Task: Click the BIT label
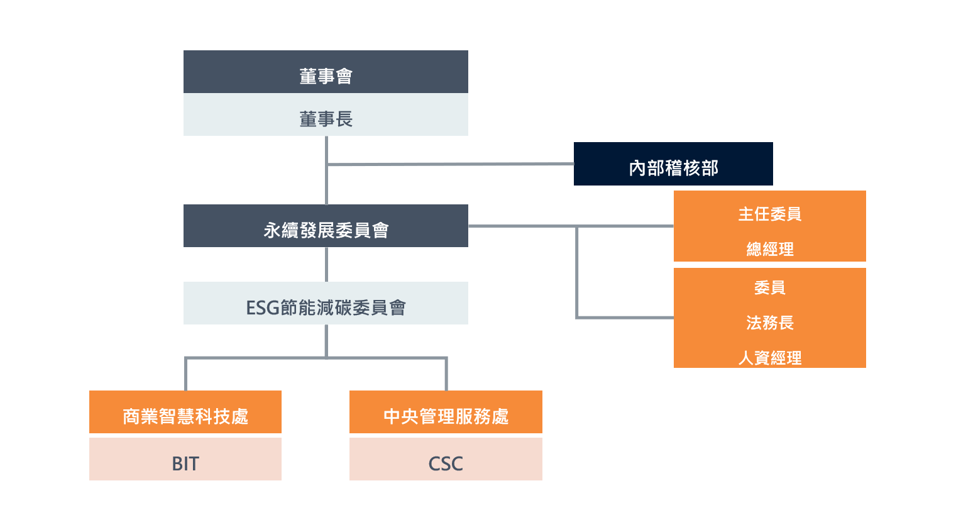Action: (x=185, y=463)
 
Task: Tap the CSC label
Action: (x=446, y=463)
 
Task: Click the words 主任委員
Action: (x=769, y=214)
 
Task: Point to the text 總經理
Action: (x=769, y=250)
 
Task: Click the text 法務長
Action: (x=769, y=323)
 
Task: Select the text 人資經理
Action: (x=769, y=358)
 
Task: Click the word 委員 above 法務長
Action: (x=769, y=287)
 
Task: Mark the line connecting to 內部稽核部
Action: (x=449, y=164)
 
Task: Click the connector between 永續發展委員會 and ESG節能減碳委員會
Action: (x=326, y=264)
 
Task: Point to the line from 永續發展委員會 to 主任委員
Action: (x=522, y=226)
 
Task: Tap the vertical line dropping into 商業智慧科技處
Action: (x=185, y=374)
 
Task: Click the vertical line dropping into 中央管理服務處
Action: (x=446, y=374)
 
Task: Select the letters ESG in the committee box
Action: (x=263, y=308)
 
